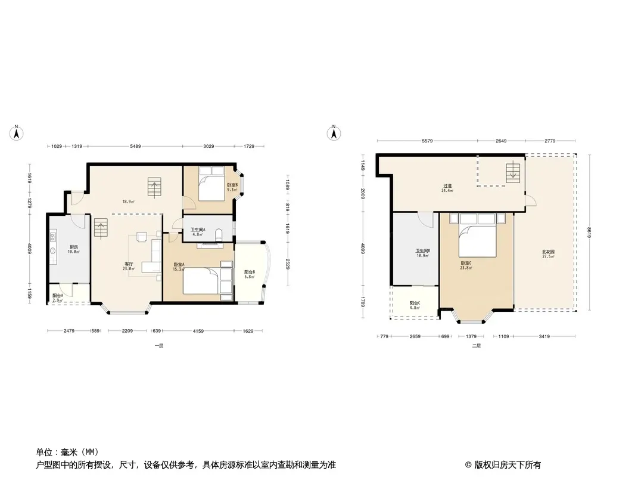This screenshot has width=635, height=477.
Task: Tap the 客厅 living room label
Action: (x=129, y=264)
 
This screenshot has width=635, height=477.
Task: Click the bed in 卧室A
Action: (x=201, y=280)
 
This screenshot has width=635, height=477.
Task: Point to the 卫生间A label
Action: (x=198, y=230)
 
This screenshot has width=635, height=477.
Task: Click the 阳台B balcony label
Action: (x=250, y=272)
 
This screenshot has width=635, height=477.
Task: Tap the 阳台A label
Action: (x=58, y=296)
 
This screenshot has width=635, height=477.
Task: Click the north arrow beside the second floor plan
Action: (x=335, y=133)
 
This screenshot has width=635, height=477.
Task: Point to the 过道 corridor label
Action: (x=447, y=187)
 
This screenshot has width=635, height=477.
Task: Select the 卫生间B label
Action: (x=423, y=252)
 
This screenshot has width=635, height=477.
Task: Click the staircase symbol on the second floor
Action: (x=512, y=174)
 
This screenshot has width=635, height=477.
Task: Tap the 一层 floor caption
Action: (x=158, y=346)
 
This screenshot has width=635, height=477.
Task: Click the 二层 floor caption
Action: (x=476, y=346)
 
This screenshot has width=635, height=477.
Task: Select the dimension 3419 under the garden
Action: (x=544, y=337)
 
